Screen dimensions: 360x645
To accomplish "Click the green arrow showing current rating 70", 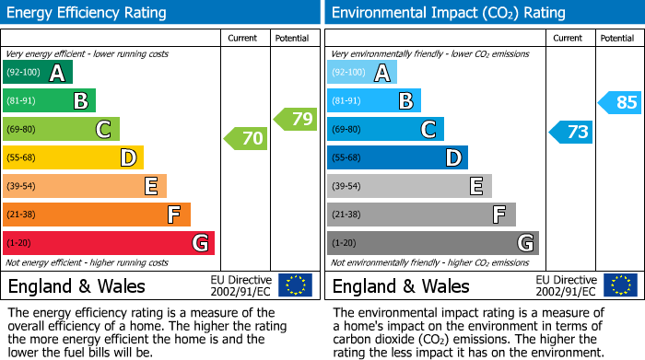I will [246, 139].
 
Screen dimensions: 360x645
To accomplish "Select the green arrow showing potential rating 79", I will [296, 119].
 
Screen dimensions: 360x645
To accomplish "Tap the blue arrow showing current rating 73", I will [570, 132].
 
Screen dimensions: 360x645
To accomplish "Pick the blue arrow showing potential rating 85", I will [620, 102].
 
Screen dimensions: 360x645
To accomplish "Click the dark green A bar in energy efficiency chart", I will [38, 73].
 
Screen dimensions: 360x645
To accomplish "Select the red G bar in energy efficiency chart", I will [108, 243].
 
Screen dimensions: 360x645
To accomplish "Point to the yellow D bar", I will [73, 158].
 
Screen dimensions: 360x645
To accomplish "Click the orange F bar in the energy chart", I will [96, 215].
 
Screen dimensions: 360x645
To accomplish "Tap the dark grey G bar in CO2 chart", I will [432, 243].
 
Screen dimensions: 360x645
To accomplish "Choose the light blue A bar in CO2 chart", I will [362, 73].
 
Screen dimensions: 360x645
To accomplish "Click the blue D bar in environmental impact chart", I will [397, 158].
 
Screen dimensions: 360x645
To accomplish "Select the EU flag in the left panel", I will [295, 285].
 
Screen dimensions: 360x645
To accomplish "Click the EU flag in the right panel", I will [619, 285].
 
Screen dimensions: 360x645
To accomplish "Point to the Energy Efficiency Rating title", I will [88, 13].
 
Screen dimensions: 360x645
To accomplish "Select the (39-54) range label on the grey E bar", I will [346, 187].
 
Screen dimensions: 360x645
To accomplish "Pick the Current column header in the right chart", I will [569, 38].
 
